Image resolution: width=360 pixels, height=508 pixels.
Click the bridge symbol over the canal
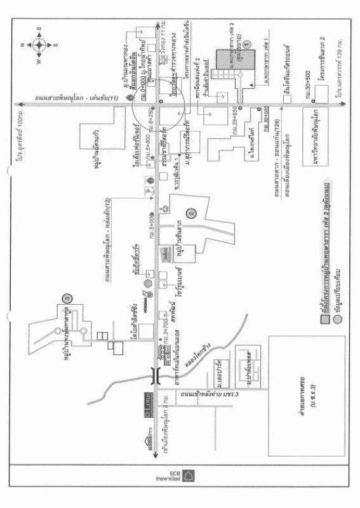click(155, 377)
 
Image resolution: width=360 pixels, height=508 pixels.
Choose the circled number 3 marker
click(65, 297)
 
